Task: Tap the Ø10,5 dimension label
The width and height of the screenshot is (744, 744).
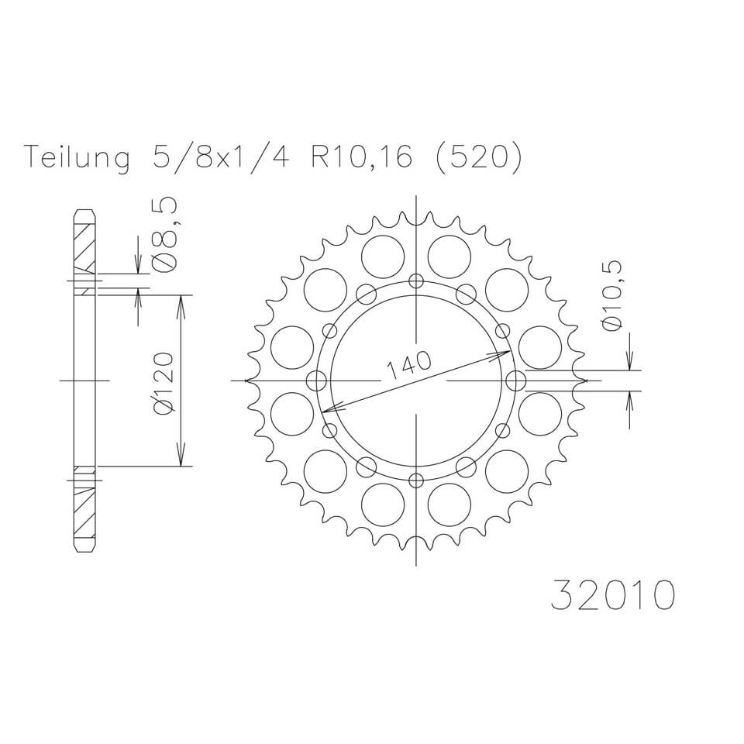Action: (612, 295)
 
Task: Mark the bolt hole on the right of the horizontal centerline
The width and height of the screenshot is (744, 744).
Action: (516, 381)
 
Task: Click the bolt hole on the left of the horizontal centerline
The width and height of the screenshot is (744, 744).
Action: (316, 381)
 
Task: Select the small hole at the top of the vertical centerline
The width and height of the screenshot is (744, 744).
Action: (417, 281)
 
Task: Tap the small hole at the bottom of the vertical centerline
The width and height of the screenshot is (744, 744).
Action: (417, 478)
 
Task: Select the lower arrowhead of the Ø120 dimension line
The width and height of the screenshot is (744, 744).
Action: (182, 459)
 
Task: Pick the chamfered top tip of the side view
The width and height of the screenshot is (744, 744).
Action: (84, 212)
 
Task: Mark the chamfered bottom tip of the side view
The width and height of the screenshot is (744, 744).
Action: (84, 549)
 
